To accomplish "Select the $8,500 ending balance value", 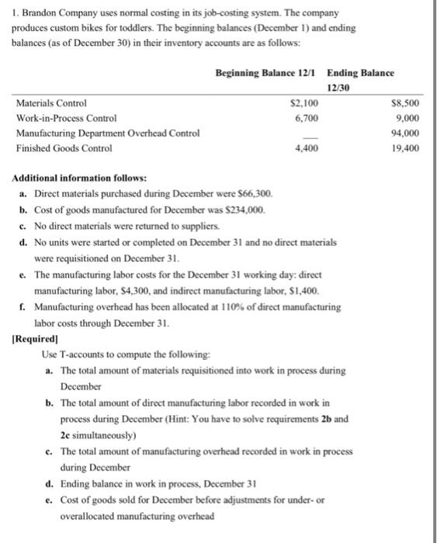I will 404,102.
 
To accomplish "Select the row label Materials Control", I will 51,102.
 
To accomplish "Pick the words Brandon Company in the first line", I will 51,12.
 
